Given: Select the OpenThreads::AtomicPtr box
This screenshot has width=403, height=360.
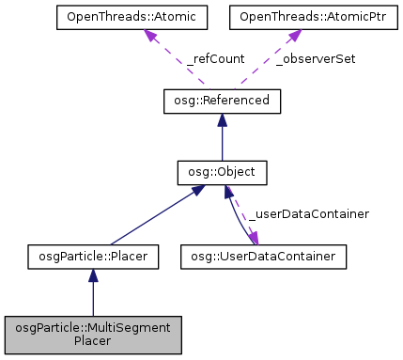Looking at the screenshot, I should pos(293,18).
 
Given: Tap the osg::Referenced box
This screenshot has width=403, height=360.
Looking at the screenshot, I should pos(222,101).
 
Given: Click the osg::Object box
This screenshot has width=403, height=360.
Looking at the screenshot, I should pos(222,173).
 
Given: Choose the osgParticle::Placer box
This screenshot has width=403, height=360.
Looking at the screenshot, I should pos(92,255).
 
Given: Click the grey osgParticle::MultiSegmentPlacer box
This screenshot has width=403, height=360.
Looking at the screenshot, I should pos(92,333).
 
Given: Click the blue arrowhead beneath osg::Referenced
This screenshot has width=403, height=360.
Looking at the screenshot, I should pos(222,119).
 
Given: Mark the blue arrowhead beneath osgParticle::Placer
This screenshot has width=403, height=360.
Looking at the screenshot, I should pos(92,274).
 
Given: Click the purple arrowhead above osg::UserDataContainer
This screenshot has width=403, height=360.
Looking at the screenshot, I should pos(253,238).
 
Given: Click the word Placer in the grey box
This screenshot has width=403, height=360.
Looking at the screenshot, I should pos(92,340).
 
